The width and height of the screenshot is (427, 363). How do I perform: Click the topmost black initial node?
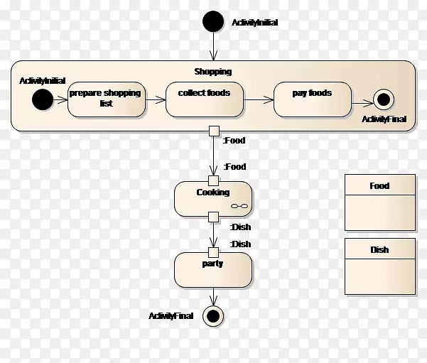213,22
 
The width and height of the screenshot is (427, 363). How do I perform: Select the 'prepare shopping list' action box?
105,99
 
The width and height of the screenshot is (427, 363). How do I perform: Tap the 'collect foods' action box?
203,99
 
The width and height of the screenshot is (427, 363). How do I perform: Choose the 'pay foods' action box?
312,99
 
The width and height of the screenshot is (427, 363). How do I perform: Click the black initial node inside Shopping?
42,99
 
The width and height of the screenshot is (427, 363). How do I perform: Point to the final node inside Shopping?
383,99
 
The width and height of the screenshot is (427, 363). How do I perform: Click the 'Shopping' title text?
212,72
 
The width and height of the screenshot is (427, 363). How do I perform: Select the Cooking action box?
212,198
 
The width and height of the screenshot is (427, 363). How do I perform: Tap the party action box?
212,269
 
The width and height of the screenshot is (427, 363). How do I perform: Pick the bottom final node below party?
213,315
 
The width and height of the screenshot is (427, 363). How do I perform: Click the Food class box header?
379,186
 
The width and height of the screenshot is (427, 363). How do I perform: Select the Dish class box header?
379,250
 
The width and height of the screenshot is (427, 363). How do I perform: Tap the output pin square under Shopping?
213,130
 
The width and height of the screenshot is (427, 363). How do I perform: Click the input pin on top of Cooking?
213,180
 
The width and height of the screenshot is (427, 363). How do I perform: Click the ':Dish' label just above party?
240,244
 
